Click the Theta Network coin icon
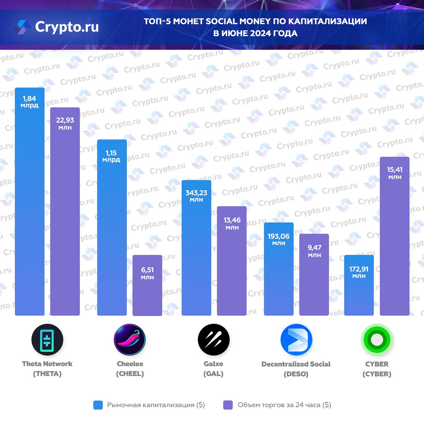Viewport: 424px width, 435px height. (x=47, y=340)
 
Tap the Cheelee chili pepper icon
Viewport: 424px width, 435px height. (x=130, y=340)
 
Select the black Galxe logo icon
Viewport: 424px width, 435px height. (x=213, y=340)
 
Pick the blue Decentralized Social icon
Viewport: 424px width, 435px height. (x=296, y=340)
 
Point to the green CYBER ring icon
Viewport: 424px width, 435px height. (x=377, y=340)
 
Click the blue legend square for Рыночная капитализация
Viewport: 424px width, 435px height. (x=98, y=405)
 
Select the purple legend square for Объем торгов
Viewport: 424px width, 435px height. (x=228, y=405)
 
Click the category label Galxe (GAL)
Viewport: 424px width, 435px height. (x=213, y=369)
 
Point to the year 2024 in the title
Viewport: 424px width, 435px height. (x=261, y=34)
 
